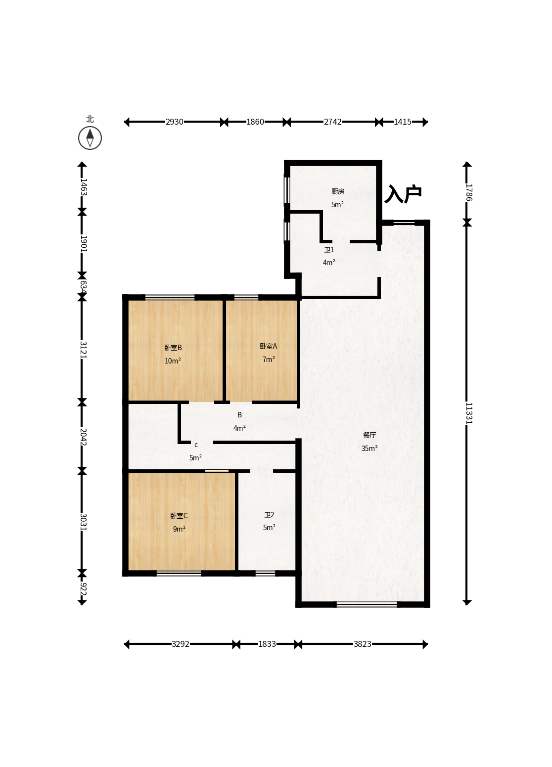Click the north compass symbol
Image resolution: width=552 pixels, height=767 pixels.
[90, 137]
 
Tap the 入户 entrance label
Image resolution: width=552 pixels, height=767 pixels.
[403, 194]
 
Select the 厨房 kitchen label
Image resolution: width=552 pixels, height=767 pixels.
[338, 191]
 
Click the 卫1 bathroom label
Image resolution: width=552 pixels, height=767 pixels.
[329, 250]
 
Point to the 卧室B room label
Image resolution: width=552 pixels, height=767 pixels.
[173, 348]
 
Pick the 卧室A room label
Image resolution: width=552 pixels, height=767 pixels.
[269, 346]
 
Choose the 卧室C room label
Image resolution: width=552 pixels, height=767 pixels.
[179, 516]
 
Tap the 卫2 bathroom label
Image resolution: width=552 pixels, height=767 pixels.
[269, 515]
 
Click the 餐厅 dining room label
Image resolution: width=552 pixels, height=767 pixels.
[369, 435]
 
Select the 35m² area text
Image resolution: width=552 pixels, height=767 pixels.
[369, 448]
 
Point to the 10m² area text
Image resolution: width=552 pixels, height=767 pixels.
[173, 361]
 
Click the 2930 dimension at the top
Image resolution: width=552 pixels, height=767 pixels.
[175, 122]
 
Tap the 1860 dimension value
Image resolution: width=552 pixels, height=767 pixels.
[255, 122]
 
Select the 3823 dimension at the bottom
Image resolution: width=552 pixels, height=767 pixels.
[362, 644]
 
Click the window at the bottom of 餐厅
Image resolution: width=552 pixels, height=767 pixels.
[367, 604]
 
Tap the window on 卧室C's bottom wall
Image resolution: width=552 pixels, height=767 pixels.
[179, 573]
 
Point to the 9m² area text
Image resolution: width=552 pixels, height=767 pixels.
[179, 529]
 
